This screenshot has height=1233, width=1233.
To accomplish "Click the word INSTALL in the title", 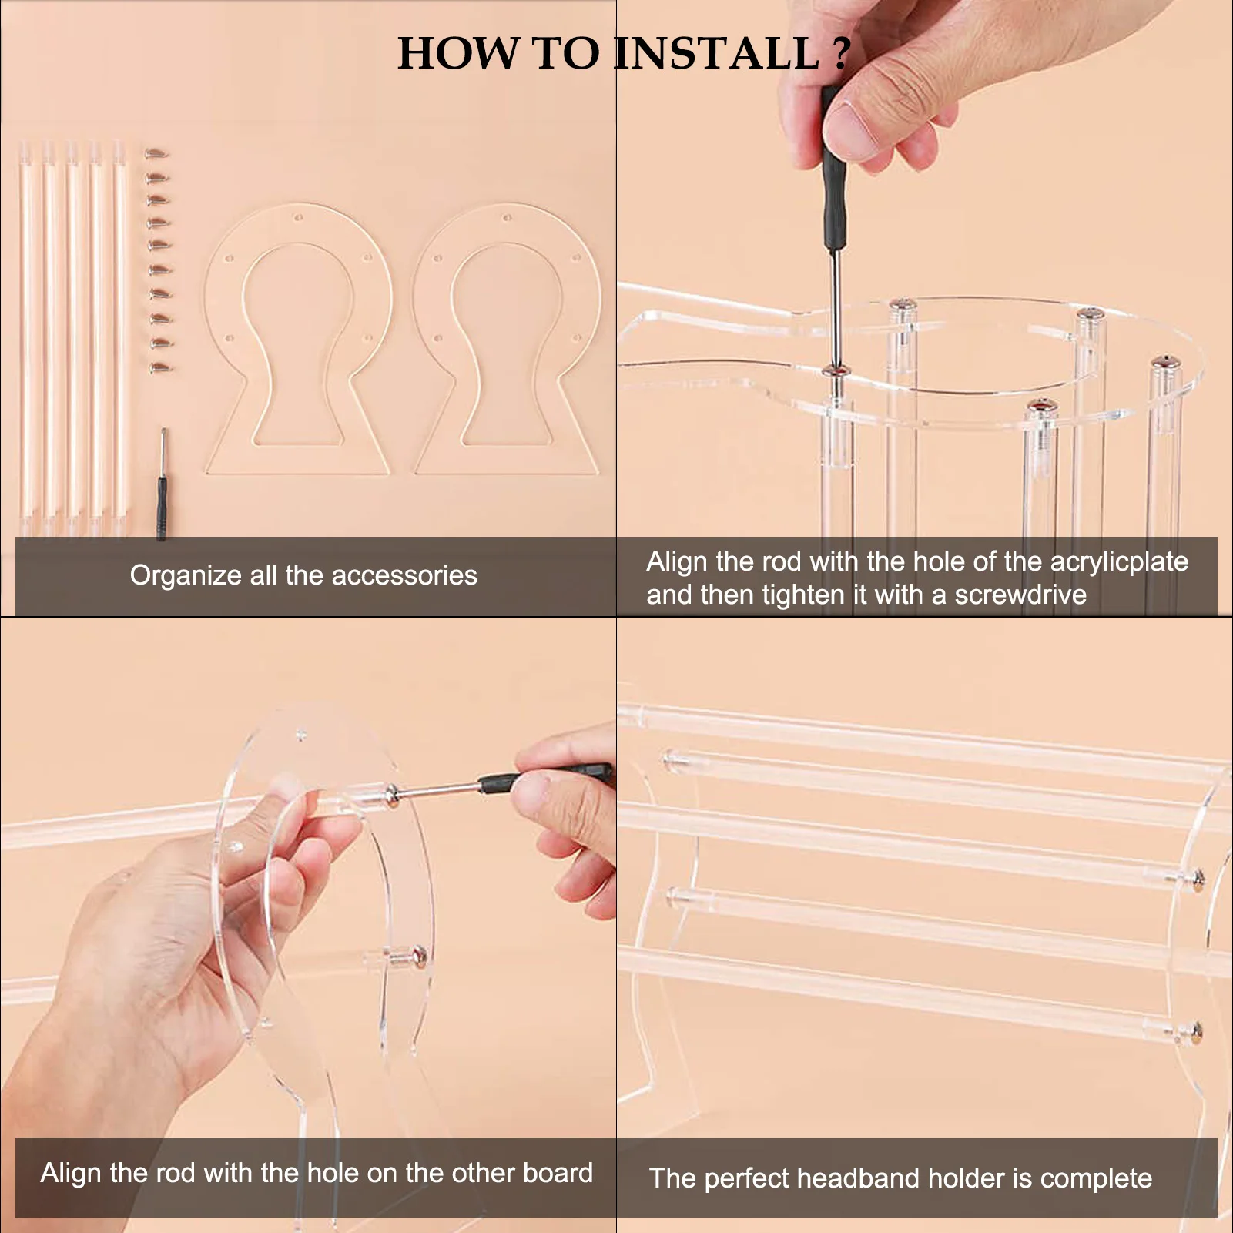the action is coord(717,53).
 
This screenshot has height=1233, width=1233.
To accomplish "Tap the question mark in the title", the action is coord(842,53).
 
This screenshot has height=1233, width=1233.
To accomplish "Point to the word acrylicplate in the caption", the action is coord(1119,562).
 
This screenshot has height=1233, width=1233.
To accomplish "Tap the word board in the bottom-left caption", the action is coord(558,1173).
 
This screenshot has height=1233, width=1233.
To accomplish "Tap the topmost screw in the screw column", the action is coord(156,153).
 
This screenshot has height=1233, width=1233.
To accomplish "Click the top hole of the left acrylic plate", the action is coord(299,217).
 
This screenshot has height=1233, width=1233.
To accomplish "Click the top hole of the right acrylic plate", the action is coord(507,217).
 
